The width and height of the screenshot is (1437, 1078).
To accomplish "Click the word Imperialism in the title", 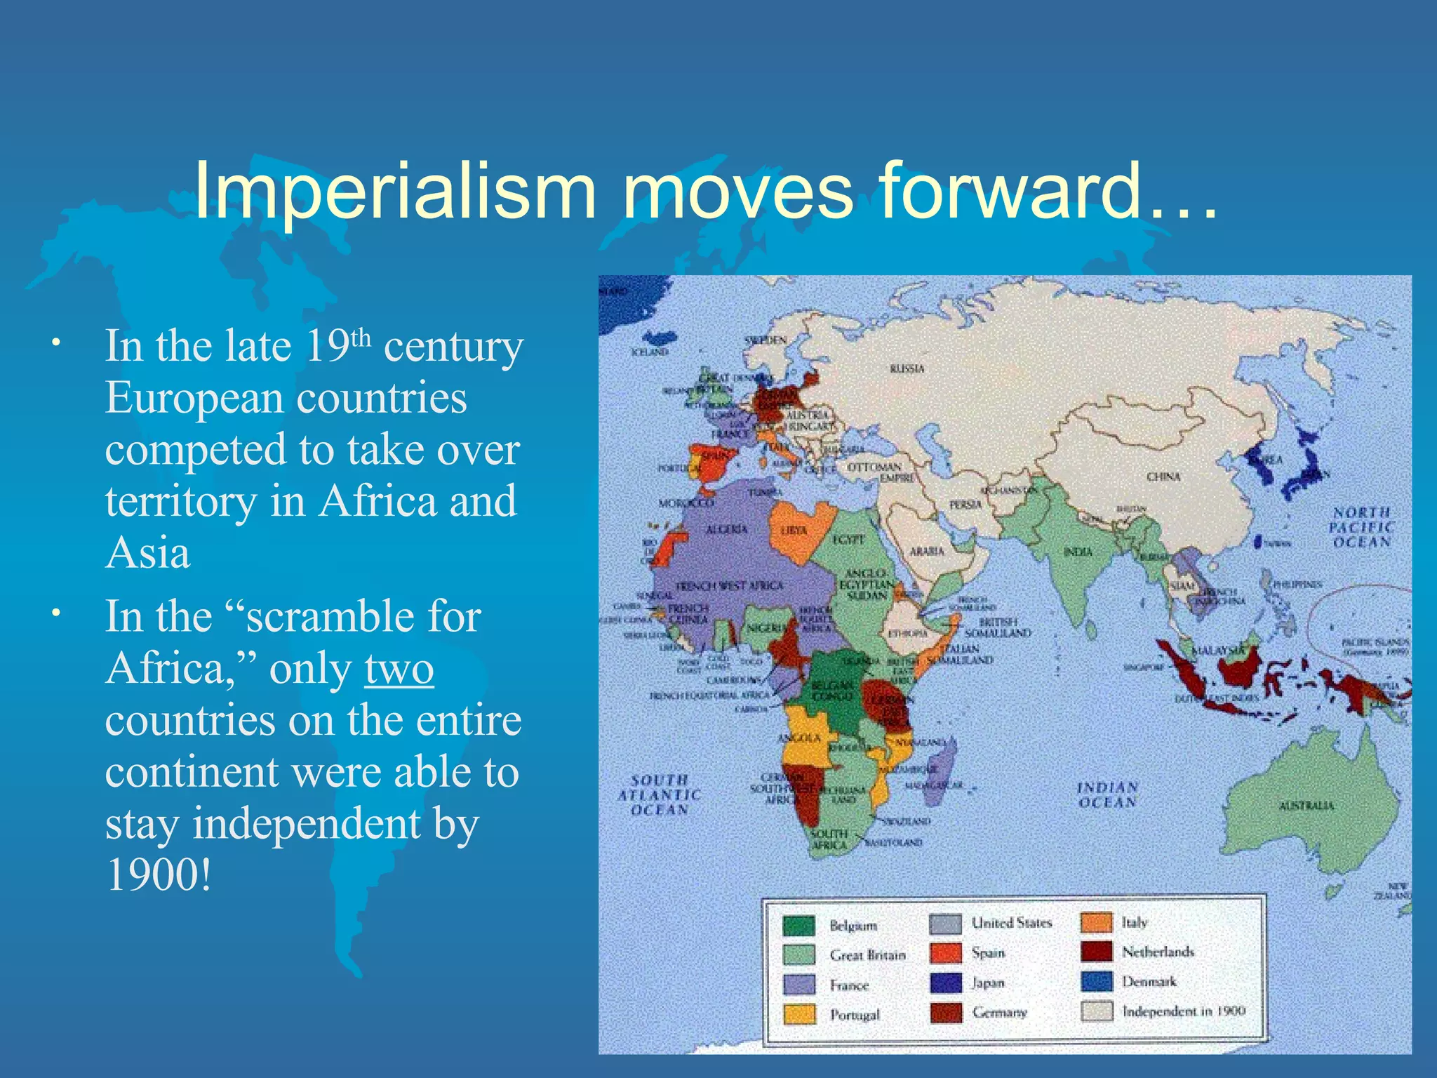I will coord(394,191).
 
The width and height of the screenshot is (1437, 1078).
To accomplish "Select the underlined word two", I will coord(399,669).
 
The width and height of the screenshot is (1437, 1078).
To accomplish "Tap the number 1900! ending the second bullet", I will coord(159,875).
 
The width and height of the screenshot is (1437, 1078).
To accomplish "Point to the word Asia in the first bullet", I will coord(148,552).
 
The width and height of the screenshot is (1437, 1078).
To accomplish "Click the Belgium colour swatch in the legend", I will coord(798,926).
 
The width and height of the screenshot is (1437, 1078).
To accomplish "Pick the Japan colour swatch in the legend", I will coord(945,983).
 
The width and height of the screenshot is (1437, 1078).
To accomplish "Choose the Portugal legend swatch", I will coord(798,1014).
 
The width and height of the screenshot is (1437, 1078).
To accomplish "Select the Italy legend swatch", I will coord(1096,922).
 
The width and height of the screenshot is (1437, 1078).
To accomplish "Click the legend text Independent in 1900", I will coord(1184,1011).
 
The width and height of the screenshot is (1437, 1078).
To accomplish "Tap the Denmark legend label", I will coord(1149,981).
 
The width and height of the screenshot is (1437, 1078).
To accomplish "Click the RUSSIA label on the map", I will coord(907,368).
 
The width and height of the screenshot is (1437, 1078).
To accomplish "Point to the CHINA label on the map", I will coord(1163,477).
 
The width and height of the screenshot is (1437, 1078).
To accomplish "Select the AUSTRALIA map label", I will coord(1306,806).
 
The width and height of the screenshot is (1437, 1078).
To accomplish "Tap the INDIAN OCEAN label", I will coord(1107,794).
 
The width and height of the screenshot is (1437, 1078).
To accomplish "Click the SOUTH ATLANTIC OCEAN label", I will coord(659,794).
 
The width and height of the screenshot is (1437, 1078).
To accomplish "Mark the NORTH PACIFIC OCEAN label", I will coord(1362,527).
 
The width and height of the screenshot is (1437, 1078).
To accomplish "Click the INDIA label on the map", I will coord(1078,552).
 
